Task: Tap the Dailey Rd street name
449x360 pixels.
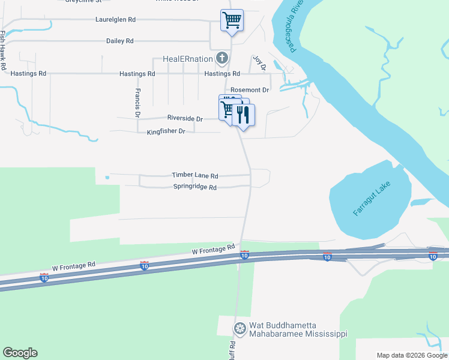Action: pyautogui.click(x=119, y=41)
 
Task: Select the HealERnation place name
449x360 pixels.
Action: pyautogui.click(x=188, y=59)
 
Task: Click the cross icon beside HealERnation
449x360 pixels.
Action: pyautogui.click(x=222, y=59)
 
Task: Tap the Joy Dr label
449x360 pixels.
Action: pyautogui.click(x=259, y=62)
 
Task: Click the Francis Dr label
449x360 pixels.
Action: pyautogui.click(x=137, y=102)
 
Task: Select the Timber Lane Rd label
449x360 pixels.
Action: pyautogui.click(x=194, y=176)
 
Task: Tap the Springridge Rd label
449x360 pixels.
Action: pyautogui.click(x=194, y=187)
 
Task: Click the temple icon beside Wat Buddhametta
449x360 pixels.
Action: pyautogui.click(x=240, y=329)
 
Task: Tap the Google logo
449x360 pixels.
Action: pyautogui.click(x=20, y=353)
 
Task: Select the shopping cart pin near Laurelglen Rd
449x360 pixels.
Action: pyautogui.click(x=232, y=20)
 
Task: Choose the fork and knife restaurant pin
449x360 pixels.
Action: pyautogui.click(x=244, y=115)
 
